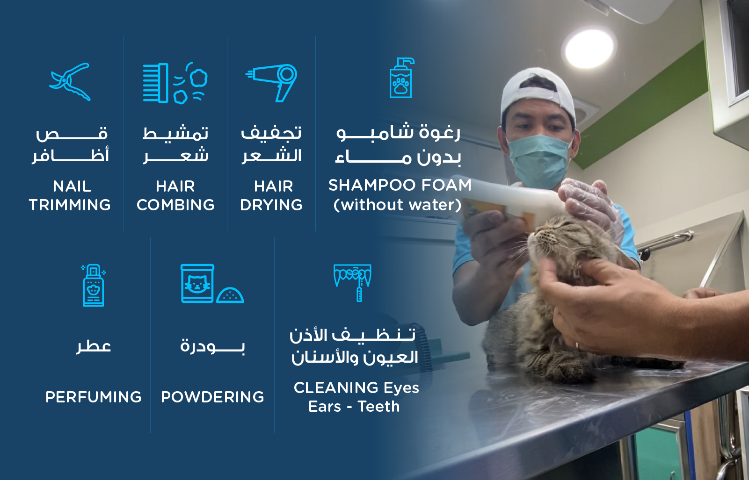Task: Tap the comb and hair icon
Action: tap(175, 83)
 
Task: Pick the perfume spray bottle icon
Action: tap(93, 285)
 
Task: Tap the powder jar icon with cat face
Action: tap(212, 284)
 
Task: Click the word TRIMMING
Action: tap(70, 205)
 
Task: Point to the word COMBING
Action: tap(175, 205)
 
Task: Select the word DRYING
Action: tap(271, 205)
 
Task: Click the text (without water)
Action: tap(398, 204)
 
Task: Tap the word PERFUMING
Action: tap(93, 397)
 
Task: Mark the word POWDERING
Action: tap(212, 397)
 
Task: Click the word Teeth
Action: tap(379, 407)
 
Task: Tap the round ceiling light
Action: tap(589, 49)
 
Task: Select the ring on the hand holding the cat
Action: tap(577, 345)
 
